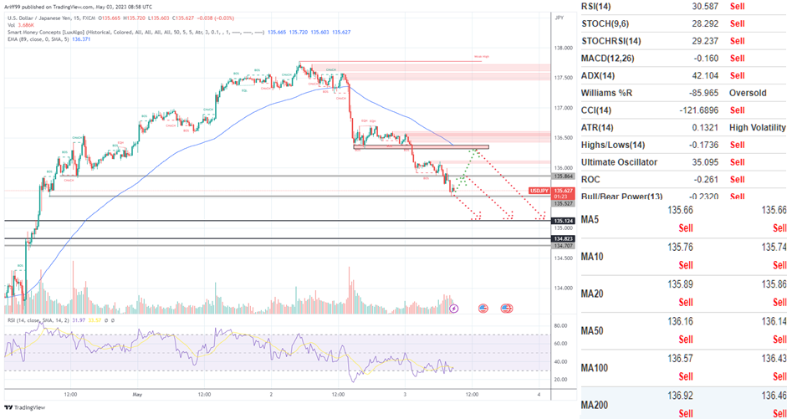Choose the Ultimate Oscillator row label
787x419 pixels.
620,161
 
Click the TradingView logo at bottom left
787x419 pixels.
24,407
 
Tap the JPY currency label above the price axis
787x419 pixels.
559,16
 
